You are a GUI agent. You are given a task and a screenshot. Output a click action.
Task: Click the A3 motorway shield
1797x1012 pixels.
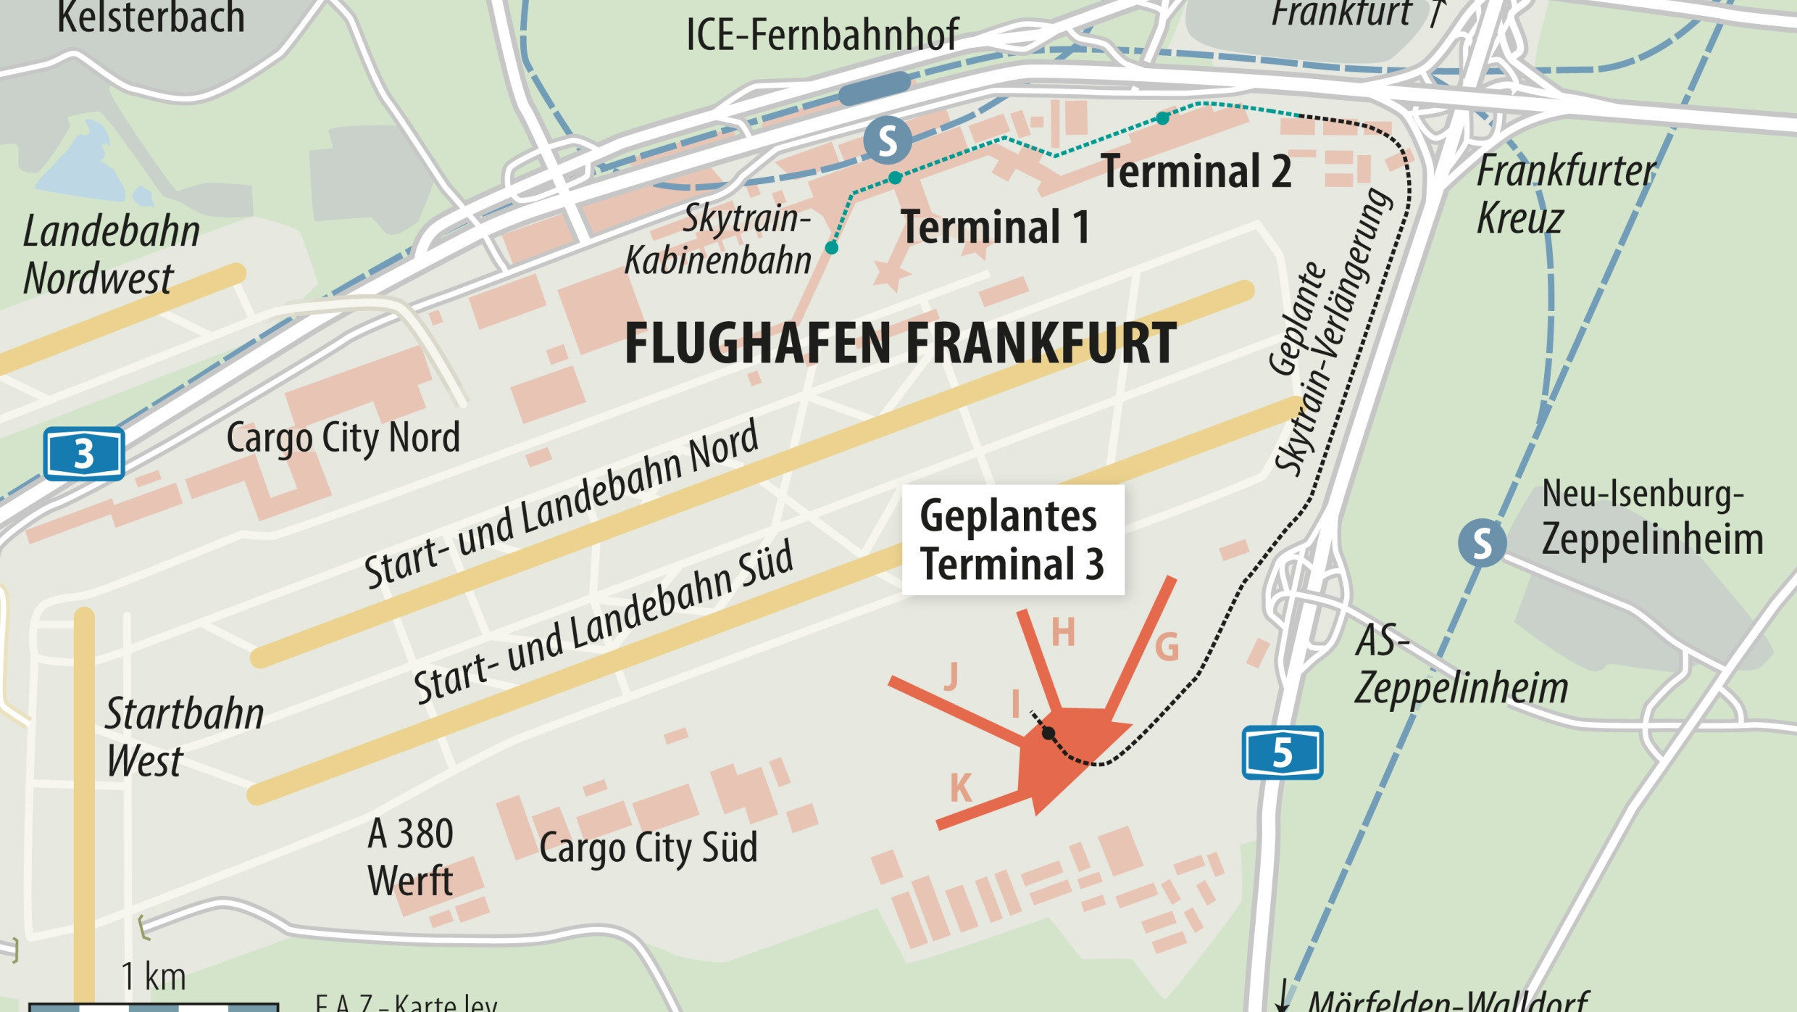coord(84,454)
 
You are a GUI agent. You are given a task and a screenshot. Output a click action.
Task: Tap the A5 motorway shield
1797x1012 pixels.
coord(1282,752)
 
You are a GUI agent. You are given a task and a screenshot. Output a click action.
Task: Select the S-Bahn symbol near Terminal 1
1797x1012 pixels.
coord(887,141)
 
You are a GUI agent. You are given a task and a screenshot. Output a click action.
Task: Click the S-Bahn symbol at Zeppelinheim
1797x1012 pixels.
coord(1482,542)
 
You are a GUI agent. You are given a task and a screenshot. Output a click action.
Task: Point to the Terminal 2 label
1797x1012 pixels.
coord(1196,172)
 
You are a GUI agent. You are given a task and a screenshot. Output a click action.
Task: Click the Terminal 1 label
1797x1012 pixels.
coord(994,227)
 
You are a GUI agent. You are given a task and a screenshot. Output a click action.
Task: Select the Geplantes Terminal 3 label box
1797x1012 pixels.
coord(1012,539)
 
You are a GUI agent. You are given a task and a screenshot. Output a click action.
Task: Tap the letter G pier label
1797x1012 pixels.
coord(1167,647)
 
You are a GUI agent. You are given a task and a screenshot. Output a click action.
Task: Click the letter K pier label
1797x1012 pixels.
coord(961,788)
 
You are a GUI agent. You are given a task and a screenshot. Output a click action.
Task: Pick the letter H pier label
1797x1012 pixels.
coord(1063,632)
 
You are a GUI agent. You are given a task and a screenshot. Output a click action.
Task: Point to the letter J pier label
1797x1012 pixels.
coord(951,676)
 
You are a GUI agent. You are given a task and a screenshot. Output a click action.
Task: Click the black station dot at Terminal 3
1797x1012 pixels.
coord(1048,734)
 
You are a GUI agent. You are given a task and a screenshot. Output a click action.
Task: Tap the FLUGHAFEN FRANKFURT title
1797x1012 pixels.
coord(900,344)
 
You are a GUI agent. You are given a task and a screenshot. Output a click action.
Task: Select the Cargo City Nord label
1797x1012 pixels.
coord(343,438)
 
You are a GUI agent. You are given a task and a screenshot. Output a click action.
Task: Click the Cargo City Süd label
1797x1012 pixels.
coord(648,847)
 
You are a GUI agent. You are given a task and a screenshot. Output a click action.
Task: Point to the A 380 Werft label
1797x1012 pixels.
coord(410,857)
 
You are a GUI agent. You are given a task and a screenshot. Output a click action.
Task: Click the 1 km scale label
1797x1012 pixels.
coord(154,976)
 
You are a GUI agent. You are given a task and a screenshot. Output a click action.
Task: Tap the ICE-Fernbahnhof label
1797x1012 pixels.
coord(822,34)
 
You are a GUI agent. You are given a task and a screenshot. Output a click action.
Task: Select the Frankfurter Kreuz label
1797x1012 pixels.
coord(1565,194)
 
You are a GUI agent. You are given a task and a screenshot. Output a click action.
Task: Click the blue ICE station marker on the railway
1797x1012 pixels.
coord(874,88)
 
